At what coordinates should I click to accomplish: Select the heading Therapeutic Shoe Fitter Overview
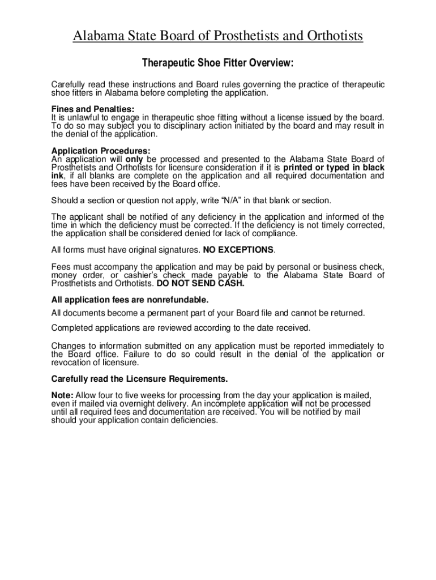tap(218, 62)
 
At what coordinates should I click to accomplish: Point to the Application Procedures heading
tap(101, 151)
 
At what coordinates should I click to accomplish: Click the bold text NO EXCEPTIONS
tap(238, 250)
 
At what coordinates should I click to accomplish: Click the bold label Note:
tap(62, 395)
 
